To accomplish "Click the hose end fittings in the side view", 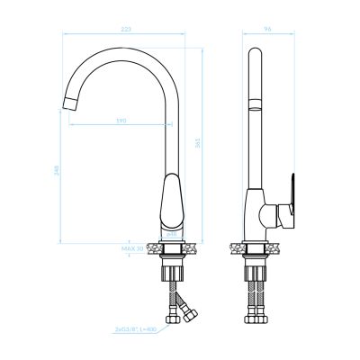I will pyautogui.click(x=256, y=318).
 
